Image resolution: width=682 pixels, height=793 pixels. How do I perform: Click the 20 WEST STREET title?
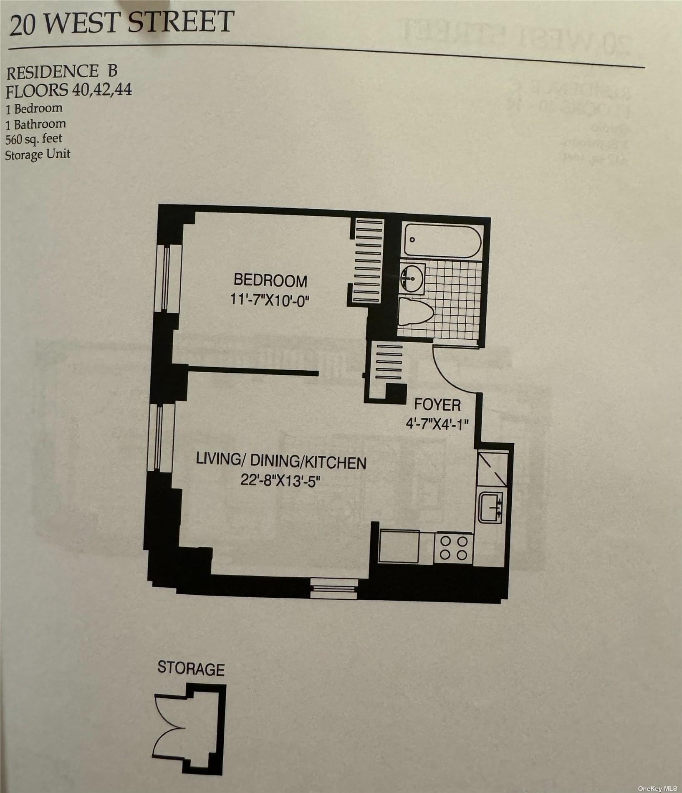pos(121,23)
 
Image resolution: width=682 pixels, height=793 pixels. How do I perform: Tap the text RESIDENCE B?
pos(61,73)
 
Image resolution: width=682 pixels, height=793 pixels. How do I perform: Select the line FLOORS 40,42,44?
pos(69,90)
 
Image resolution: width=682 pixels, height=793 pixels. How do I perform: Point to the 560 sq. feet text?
pos(34,139)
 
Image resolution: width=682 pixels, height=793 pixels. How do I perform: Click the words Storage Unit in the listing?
pos(38,155)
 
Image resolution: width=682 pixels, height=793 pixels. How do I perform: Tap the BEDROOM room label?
pos(270,280)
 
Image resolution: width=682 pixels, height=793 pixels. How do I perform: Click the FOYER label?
pos(437,404)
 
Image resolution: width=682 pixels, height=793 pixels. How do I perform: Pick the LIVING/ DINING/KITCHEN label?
pos(281,462)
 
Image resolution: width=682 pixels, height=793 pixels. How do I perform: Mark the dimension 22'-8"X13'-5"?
pos(280,481)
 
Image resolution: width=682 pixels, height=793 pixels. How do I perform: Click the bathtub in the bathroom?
pos(442,241)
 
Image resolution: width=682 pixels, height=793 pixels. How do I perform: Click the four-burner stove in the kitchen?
pos(454,548)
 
